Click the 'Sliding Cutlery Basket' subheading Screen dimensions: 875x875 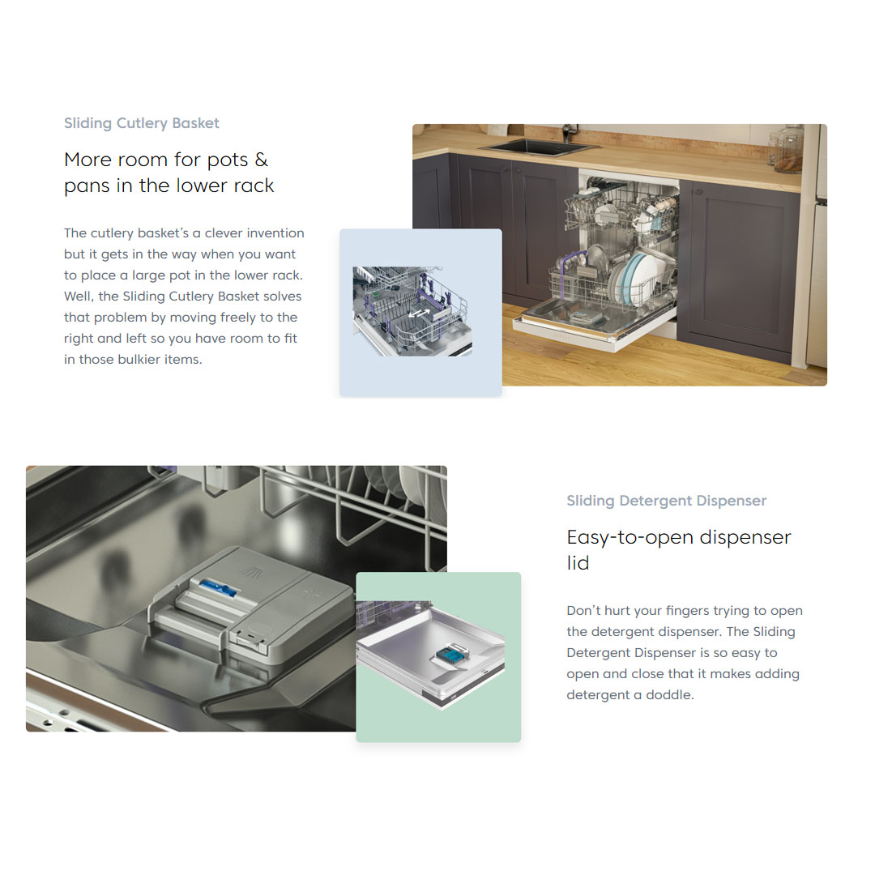point(142,123)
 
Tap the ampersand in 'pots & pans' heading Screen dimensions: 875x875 point(261,160)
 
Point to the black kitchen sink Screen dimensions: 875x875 point(539,146)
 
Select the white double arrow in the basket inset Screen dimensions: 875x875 point(419,314)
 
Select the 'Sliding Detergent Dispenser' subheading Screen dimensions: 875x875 point(666,501)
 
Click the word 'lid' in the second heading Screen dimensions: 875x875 point(578,563)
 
